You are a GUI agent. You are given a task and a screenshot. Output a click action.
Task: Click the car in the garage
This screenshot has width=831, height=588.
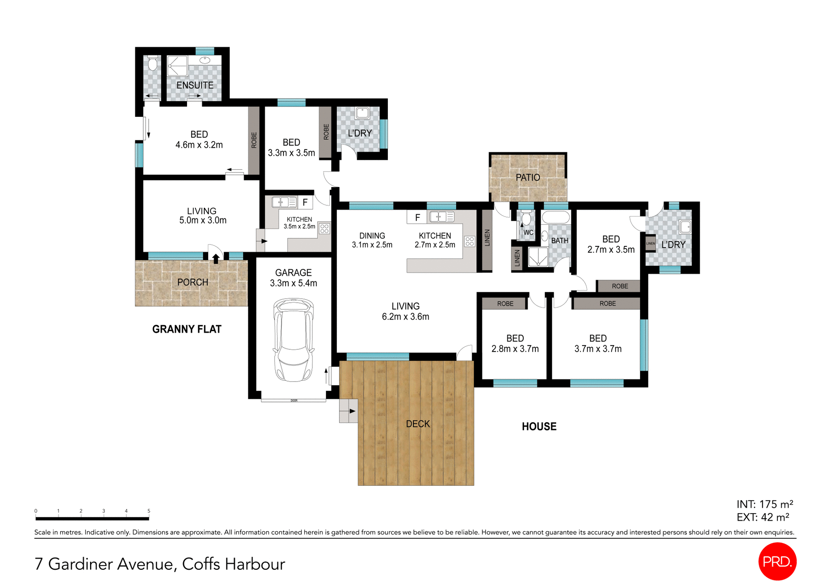click(293, 340)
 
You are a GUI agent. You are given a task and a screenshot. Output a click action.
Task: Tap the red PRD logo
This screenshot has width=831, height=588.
click(777, 561)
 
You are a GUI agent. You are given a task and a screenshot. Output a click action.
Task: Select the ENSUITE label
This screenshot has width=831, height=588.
click(195, 85)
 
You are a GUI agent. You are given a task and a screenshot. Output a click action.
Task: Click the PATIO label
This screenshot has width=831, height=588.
click(528, 178)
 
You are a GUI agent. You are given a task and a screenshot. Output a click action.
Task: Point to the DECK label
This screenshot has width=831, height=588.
click(418, 424)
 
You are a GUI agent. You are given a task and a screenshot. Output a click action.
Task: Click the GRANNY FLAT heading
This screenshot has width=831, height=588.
click(187, 329)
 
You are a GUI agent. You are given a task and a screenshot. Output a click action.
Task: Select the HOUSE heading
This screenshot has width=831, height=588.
click(539, 426)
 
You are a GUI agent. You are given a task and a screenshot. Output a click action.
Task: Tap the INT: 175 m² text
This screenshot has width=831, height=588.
click(765, 504)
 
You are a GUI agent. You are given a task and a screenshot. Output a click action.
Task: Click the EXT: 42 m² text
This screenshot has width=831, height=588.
click(763, 517)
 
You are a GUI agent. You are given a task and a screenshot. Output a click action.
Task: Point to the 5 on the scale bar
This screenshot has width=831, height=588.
click(149, 511)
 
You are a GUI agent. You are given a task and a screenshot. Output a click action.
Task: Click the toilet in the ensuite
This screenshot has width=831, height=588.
click(152, 64)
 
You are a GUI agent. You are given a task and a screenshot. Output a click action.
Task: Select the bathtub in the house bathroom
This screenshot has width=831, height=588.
click(556, 217)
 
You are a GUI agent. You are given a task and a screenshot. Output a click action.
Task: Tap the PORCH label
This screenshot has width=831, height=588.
click(193, 282)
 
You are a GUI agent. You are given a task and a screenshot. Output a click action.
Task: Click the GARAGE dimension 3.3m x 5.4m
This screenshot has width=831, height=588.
click(293, 283)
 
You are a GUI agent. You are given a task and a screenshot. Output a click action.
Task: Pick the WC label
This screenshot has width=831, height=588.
click(528, 233)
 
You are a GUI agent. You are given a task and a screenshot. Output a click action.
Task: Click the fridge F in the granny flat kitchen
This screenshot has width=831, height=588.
click(305, 202)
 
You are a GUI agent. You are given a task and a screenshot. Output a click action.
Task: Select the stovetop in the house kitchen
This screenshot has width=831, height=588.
click(470, 242)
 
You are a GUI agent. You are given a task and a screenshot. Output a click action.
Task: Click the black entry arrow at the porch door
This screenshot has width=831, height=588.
click(216, 258)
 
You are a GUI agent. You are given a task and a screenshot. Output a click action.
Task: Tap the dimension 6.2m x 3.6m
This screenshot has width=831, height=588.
click(405, 317)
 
